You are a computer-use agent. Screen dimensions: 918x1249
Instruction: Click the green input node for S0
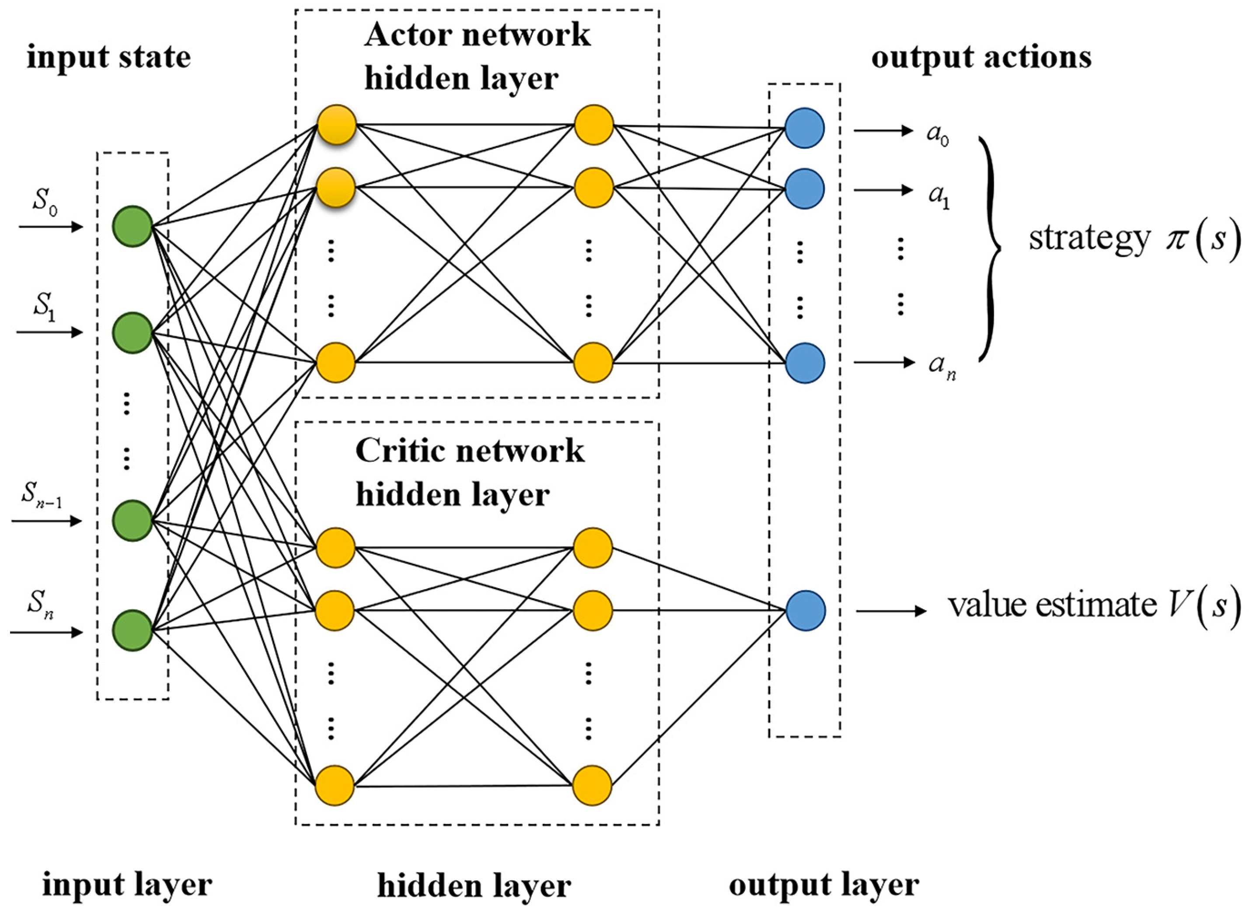coord(132,226)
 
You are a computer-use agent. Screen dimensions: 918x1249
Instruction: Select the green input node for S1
coord(132,332)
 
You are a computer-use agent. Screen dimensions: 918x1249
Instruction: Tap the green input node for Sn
coord(132,630)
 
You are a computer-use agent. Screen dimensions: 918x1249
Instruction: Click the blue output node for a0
coord(804,129)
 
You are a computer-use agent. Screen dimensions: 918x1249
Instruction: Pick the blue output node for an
coord(804,363)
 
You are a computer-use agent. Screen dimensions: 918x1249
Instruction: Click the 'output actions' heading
coord(980,57)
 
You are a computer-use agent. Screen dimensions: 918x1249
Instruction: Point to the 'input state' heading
coord(109,57)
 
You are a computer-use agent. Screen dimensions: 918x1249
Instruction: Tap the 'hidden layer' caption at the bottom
coord(474,885)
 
